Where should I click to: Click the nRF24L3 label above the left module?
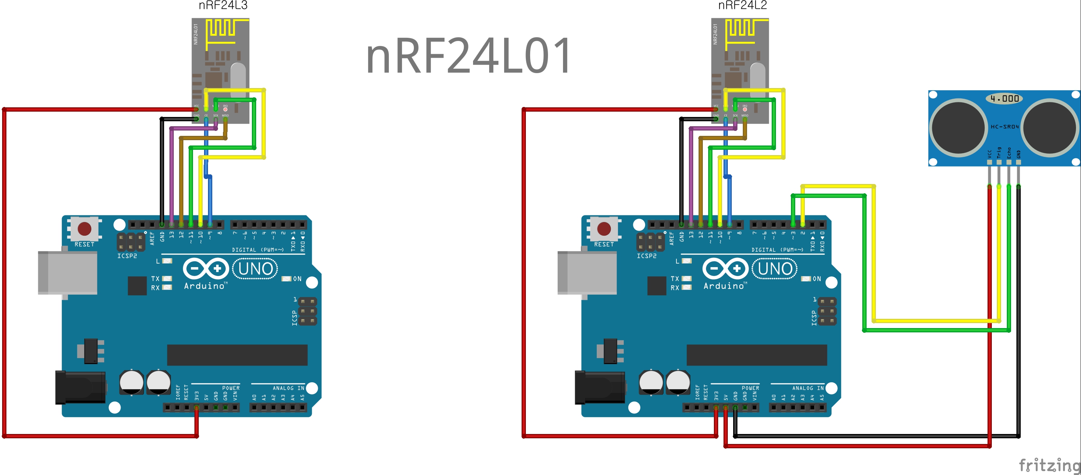pos(223,5)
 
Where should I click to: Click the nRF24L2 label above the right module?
pos(742,5)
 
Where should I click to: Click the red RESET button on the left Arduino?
pos(84,229)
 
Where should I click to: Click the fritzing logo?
pos(1049,465)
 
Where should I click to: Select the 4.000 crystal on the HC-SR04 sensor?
pos(1004,99)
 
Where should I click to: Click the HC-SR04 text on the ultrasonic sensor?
pos(1004,127)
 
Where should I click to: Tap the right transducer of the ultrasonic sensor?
pos(1050,128)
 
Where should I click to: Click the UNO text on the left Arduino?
pos(255,269)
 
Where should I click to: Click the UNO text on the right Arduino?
pos(775,269)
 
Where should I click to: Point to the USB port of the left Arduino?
pos(67,273)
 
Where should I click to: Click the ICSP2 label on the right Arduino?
pos(646,256)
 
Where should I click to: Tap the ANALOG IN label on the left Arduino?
pos(288,388)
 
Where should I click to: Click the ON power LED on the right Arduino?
pos(806,279)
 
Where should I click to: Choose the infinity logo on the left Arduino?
pos(205,269)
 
